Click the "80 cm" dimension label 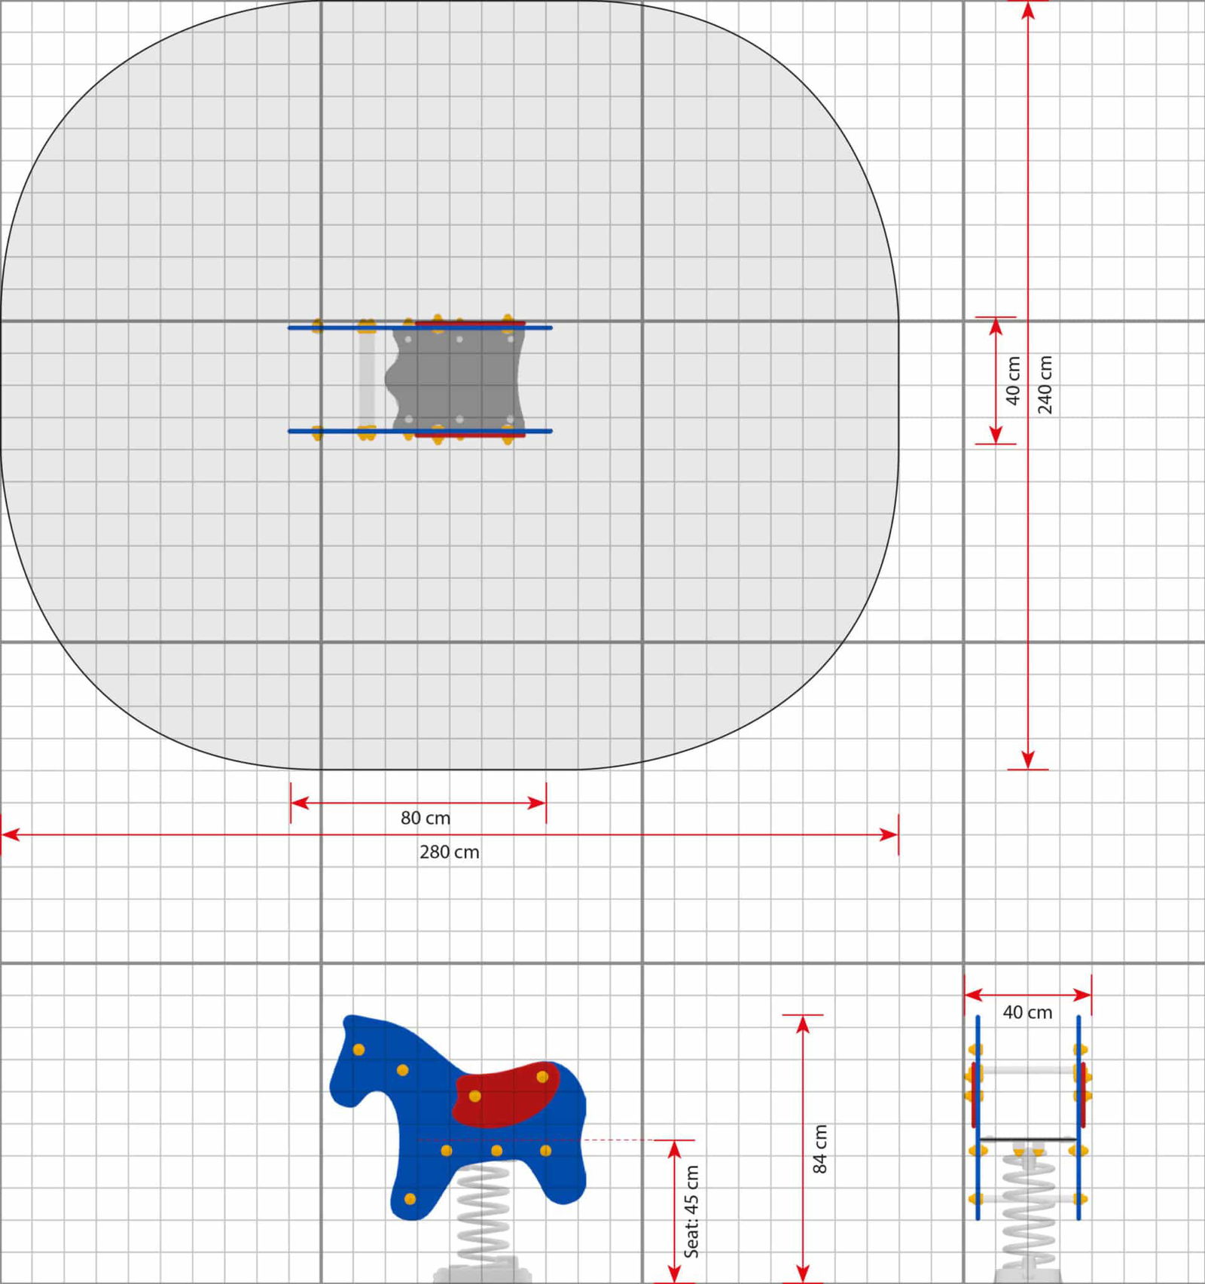(x=426, y=818)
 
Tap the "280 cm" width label (x=450, y=852)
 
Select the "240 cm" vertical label (x=1045, y=384)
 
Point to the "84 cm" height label (x=820, y=1148)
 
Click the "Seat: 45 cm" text (x=691, y=1212)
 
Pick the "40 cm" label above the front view (x=1027, y=1013)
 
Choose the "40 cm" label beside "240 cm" (x=1013, y=380)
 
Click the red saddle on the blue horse (x=506, y=1094)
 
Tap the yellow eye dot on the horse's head (x=358, y=1050)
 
